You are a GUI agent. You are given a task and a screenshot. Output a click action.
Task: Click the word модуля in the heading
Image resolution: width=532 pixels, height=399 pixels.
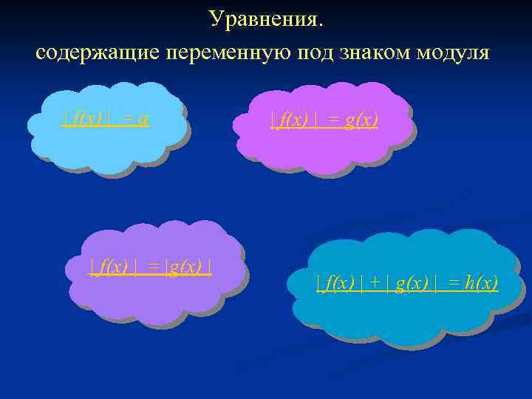[453, 54]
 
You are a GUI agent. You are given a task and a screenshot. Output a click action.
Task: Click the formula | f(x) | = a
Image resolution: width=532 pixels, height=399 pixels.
[106, 119]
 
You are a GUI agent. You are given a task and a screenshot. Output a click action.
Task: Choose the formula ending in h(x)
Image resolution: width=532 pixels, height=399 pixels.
[407, 282]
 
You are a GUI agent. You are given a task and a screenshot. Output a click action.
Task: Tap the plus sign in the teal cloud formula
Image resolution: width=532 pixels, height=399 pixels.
[375, 282]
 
